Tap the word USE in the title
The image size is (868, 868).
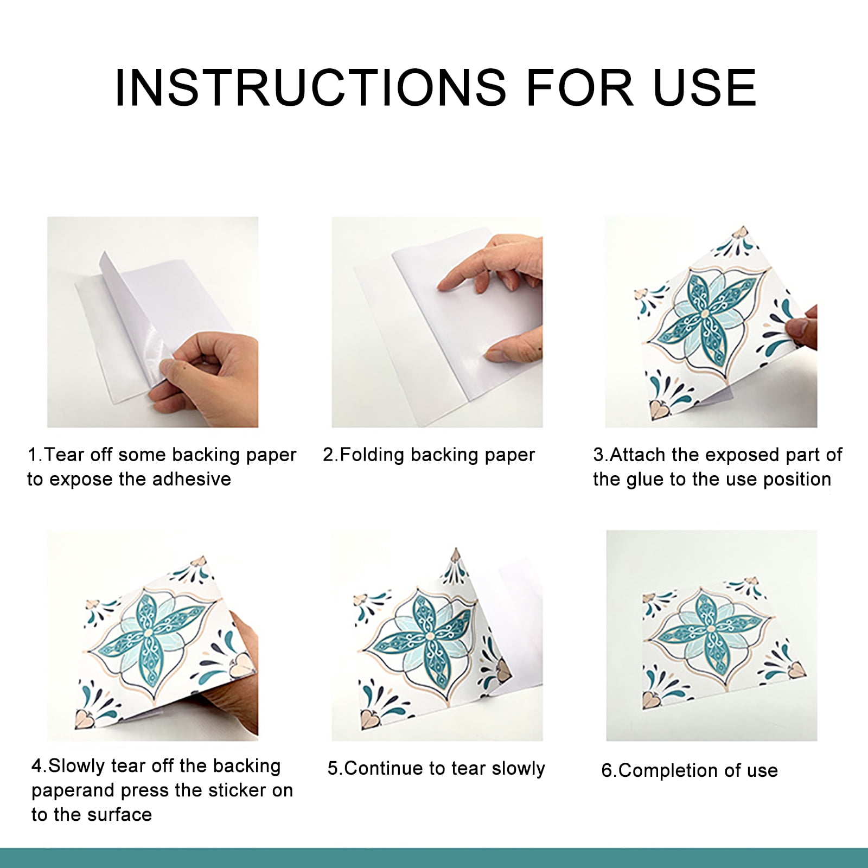click(x=704, y=87)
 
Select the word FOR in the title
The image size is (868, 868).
click(x=580, y=87)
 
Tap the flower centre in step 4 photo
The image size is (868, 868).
click(x=148, y=631)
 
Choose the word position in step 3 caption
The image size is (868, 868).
click(x=797, y=480)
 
